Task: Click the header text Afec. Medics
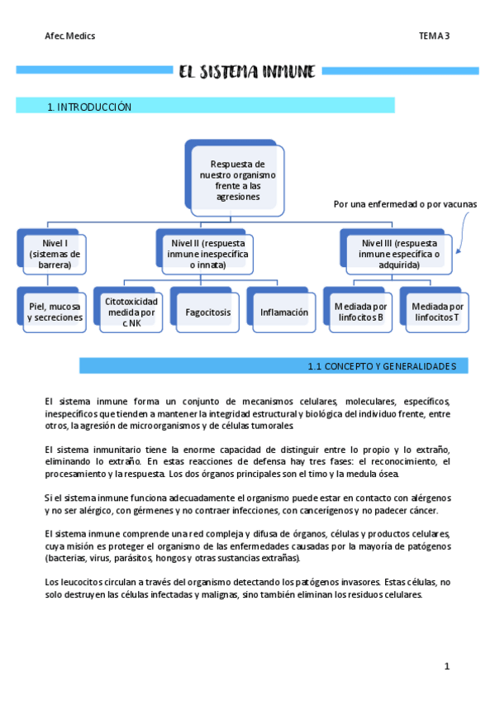69,36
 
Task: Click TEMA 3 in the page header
433,36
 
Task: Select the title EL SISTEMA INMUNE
247,72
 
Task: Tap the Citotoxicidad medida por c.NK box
131,312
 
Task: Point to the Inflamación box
283,312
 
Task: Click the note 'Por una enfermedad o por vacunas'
404,204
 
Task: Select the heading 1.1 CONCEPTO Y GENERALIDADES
387,365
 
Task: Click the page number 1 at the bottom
446,666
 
